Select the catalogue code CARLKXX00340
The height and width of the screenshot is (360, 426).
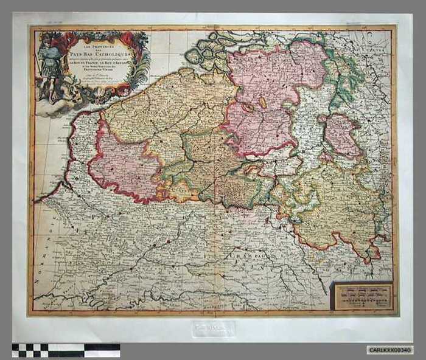tap(389, 350)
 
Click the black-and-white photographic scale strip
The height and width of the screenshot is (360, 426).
tap(66, 350)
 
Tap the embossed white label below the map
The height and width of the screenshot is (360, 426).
tap(213, 329)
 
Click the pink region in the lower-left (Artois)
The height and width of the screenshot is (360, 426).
tap(122, 167)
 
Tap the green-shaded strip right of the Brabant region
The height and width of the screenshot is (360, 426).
tap(341, 73)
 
